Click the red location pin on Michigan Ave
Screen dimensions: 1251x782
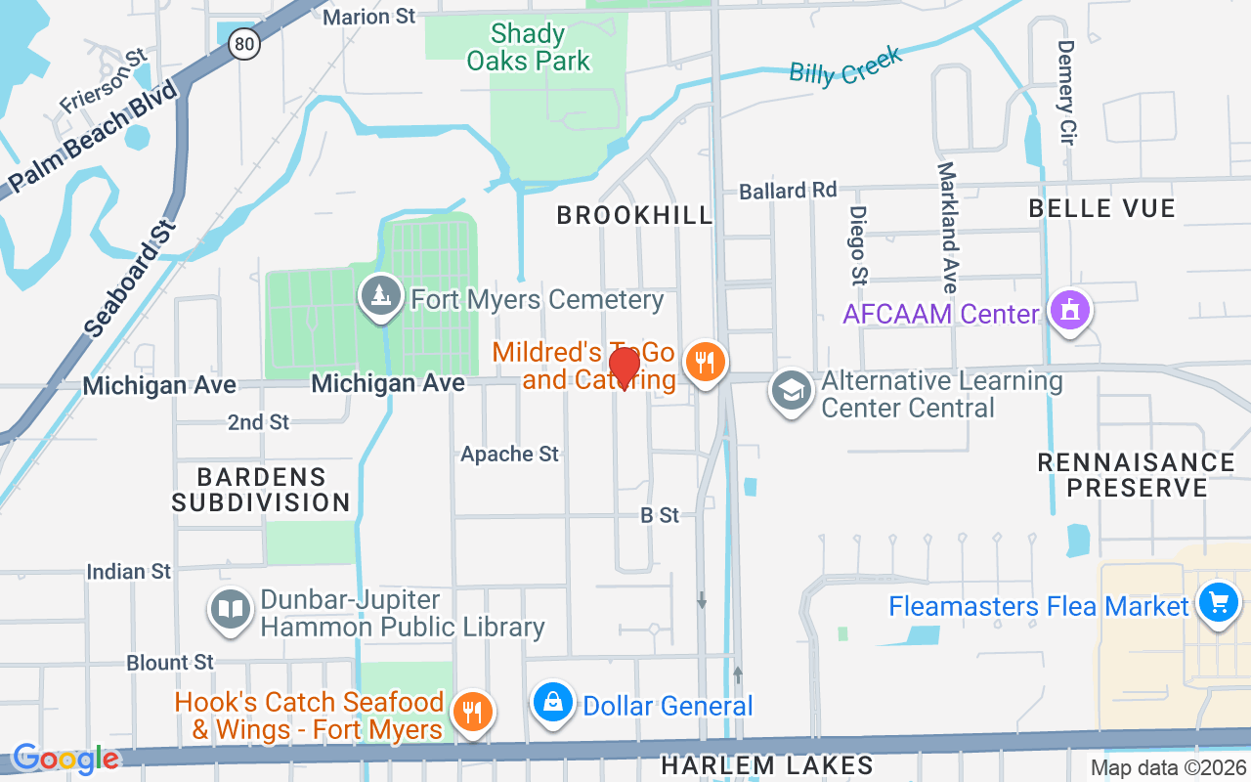(x=624, y=368)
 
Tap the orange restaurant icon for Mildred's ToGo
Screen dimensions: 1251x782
(x=703, y=360)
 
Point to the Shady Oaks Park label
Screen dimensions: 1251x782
(x=529, y=48)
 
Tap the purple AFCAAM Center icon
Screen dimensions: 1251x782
(x=1070, y=310)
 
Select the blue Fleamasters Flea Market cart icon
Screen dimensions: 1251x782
(x=1218, y=601)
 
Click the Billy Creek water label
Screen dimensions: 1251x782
(x=845, y=64)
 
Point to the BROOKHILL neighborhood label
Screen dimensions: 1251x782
(x=635, y=216)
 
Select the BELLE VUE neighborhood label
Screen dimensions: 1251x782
(x=1101, y=208)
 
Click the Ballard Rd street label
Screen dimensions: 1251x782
(x=788, y=190)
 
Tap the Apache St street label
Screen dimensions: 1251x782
(x=509, y=454)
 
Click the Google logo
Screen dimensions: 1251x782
(x=65, y=758)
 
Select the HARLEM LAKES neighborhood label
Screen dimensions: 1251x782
(x=767, y=764)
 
